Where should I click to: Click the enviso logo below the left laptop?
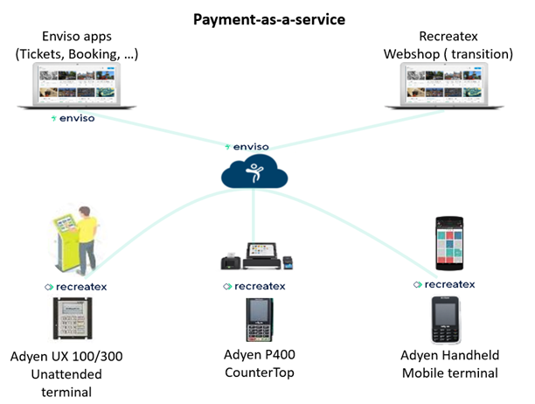coord(73,118)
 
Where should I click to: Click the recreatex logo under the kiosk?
coord(79,285)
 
